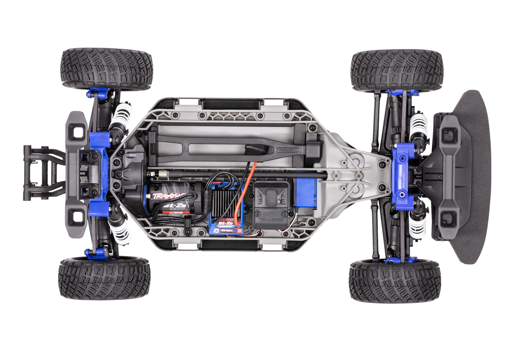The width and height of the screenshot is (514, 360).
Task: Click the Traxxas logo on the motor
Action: [167, 196]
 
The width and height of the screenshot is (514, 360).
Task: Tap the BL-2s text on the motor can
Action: [174, 205]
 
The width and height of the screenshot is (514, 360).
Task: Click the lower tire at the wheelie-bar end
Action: [104, 278]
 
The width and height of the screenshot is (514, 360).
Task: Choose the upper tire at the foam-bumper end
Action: [397, 70]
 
